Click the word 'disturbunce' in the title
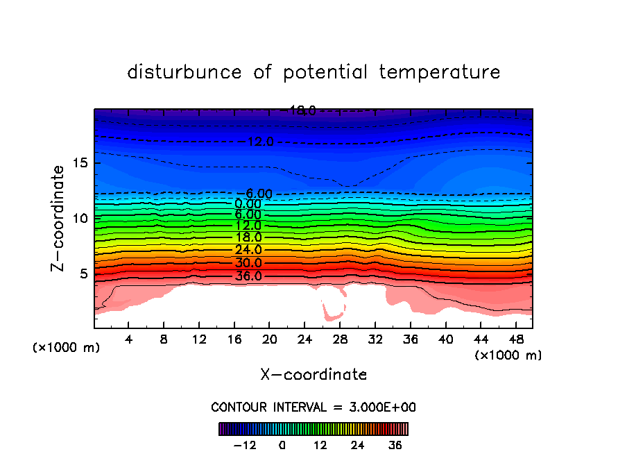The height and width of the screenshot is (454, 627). (184, 72)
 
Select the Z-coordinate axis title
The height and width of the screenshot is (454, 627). (60, 218)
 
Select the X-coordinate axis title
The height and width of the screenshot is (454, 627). (313, 375)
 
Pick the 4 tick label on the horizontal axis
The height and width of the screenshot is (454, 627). (129, 339)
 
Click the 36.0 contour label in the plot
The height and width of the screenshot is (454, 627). (248, 276)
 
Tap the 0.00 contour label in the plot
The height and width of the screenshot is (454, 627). (248, 204)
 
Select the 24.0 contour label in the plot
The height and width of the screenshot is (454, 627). (248, 250)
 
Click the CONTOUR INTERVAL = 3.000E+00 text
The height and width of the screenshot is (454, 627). (313, 407)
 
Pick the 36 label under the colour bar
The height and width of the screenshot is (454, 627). (395, 446)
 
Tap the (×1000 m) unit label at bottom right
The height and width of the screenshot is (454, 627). (508, 355)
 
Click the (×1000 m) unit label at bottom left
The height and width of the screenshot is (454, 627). (67, 347)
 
